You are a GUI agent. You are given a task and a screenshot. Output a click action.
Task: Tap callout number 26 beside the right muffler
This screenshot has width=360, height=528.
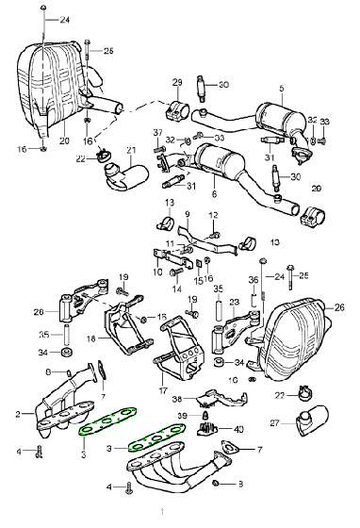(340, 307)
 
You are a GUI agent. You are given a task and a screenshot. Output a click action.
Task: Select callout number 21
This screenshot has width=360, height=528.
(132, 150)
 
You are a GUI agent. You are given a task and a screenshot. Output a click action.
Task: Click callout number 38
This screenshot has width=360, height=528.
(176, 400)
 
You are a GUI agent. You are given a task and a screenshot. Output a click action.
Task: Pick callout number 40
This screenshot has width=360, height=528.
(237, 429)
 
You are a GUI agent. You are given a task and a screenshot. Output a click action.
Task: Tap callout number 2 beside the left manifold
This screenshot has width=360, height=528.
(17, 414)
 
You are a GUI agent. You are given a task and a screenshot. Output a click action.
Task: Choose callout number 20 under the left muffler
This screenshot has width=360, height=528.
(64, 141)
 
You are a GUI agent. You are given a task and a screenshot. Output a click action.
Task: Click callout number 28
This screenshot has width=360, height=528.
(38, 311)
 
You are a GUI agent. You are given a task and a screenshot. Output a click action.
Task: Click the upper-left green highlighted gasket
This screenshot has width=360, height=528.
(109, 421)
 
